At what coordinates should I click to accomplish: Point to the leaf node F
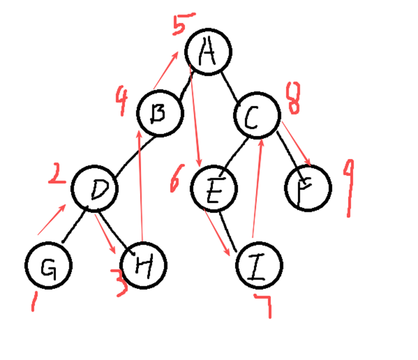click(x=308, y=187)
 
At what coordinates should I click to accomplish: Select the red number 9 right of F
click(x=349, y=188)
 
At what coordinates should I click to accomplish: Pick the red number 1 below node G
click(x=34, y=301)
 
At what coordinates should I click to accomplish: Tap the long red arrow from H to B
click(x=140, y=184)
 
